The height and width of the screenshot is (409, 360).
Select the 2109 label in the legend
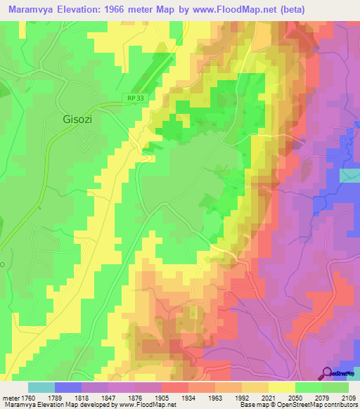coord(346,397)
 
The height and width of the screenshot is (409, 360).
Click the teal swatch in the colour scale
coord(41,387)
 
